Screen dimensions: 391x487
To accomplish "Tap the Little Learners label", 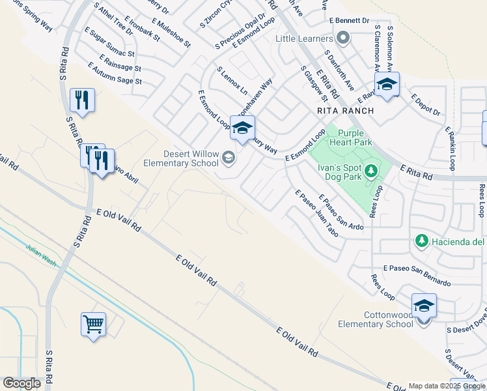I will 305,38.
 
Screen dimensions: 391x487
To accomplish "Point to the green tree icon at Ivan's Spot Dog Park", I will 371,171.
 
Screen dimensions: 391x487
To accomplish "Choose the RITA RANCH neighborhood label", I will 345,111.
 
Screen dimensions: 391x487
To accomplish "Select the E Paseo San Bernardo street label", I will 417,276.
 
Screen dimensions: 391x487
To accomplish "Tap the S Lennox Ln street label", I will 232,80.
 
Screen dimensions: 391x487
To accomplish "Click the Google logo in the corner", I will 21,383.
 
